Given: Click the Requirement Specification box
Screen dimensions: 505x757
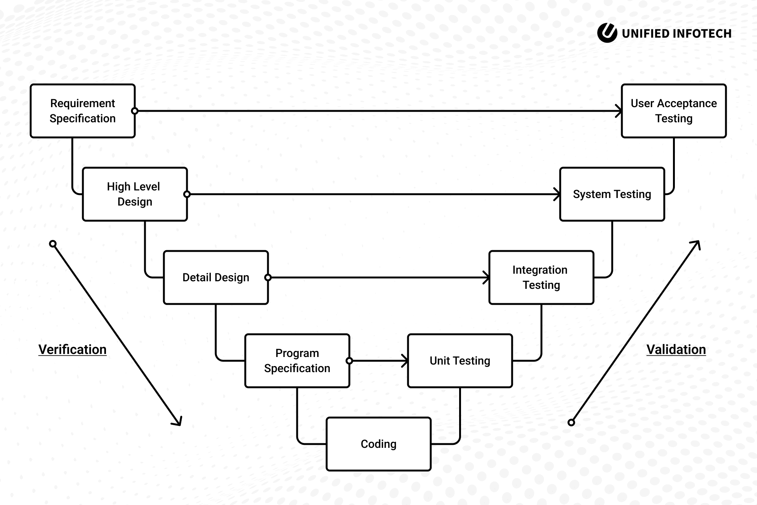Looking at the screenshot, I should [x=83, y=111].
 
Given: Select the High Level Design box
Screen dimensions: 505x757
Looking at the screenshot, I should [x=135, y=194].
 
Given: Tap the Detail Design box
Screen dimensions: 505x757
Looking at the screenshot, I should [x=216, y=277].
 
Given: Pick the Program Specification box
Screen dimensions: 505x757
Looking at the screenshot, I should [x=297, y=361].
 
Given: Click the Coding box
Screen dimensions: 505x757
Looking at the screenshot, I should [x=378, y=444].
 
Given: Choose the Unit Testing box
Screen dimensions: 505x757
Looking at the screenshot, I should [x=460, y=361].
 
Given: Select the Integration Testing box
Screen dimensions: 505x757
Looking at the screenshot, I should [x=541, y=277].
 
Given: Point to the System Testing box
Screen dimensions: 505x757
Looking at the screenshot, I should [x=612, y=194].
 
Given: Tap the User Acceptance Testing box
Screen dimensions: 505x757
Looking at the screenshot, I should [x=674, y=111].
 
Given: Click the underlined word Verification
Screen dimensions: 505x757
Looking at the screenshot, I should [x=72, y=349].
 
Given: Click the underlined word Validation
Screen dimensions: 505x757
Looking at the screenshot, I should [x=676, y=349].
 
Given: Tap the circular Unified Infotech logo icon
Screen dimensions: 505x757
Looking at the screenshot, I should [x=607, y=33].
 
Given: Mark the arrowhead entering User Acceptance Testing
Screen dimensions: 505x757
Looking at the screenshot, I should [x=619, y=111].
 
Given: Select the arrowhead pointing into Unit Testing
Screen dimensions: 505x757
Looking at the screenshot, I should [x=405, y=361].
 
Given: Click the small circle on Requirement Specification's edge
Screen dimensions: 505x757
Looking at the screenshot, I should [x=135, y=111].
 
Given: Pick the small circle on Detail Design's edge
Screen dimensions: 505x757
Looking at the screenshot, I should [x=268, y=277].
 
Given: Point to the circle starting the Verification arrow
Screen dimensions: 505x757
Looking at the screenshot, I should [x=53, y=244].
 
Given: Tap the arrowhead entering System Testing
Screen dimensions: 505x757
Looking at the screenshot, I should [x=558, y=194].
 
